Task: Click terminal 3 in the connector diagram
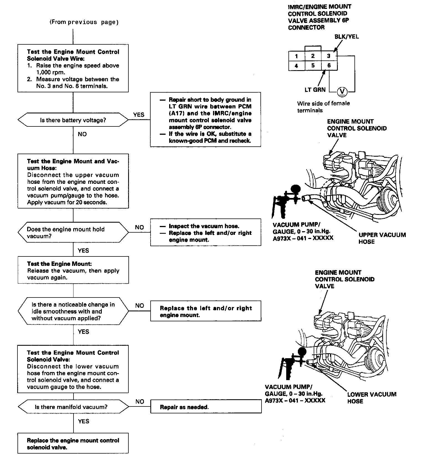(329, 56)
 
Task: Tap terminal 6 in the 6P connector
(329, 66)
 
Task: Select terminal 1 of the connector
(296, 56)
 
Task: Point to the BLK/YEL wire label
(346, 37)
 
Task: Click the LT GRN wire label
(315, 90)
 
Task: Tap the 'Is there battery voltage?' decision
(73, 120)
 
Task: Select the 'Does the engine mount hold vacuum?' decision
(73, 233)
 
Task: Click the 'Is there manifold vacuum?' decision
(73, 407)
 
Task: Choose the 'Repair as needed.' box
(206, 407)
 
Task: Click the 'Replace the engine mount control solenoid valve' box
(73, 444)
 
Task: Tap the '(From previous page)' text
(84, 22)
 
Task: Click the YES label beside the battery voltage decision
(139, 115)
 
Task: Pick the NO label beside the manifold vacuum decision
(140, 401)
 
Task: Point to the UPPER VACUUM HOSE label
(382, 238)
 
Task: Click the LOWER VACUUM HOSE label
(372, 398)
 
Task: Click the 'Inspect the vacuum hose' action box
(206, 233)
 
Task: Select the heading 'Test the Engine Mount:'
(59, 264)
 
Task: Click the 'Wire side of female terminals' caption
(323, 107)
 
